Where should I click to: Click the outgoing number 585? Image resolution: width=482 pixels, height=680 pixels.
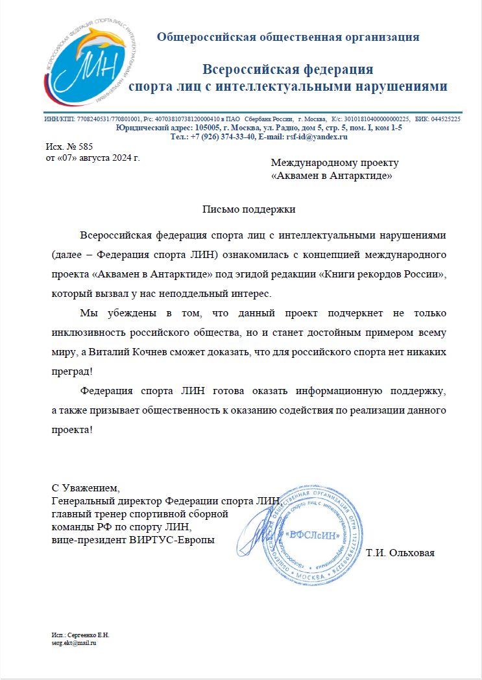(86, 147)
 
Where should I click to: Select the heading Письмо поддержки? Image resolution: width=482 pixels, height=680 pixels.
(249, 209)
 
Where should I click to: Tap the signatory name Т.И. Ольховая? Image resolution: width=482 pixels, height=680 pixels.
(400, 553)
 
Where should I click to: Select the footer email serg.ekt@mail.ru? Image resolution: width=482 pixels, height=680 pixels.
(74, 642)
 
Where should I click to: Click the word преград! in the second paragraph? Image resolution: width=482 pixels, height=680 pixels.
(72, 372)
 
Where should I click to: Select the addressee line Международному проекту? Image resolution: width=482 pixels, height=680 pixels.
(334, 163)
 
